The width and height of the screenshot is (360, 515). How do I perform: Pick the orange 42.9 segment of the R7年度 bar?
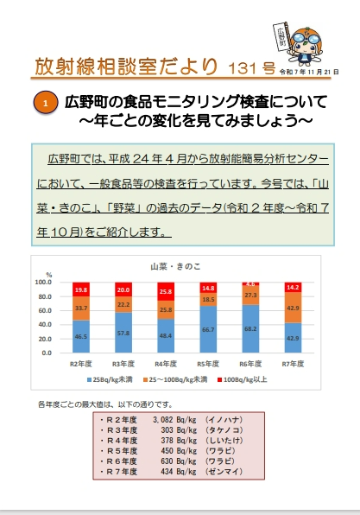pyautogui.click(x=294, y=307)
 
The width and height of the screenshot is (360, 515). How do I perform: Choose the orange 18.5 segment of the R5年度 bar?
pyautogui.click(x=209, y=299)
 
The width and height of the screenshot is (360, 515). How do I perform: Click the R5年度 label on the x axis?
pyautogui.click(x=208, y=364)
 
